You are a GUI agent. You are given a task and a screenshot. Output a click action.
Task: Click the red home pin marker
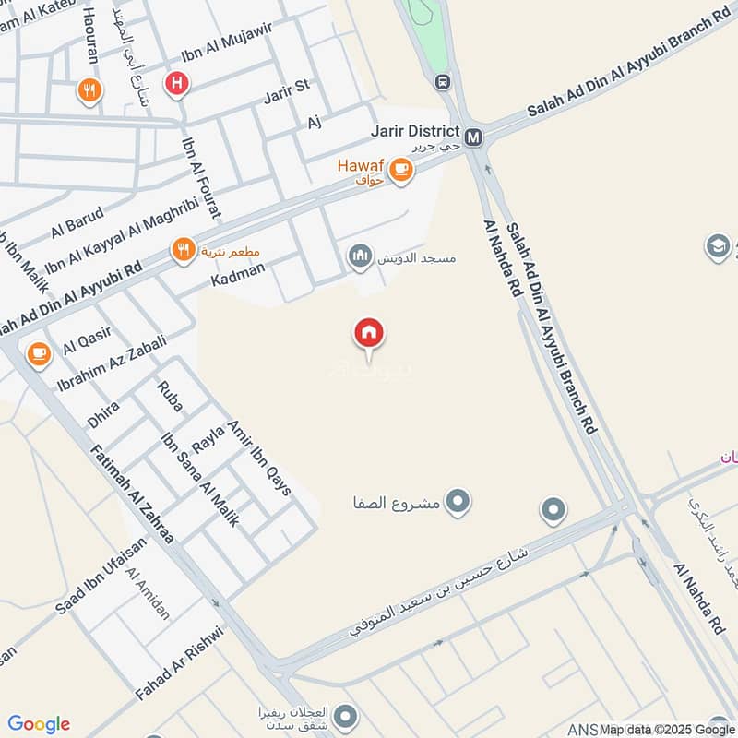pos(369,334)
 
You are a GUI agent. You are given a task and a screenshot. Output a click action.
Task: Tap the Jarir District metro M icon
pos(474,137)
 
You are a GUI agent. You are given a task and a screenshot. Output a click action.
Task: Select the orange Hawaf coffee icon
pos(399,169)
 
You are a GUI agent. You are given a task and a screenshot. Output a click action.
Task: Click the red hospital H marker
pos(175,84)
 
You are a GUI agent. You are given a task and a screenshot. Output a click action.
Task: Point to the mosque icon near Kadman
pos(360,255)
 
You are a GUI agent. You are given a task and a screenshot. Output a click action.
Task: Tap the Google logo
pos(39,724)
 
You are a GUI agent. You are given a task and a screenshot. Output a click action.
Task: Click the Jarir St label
pos(285,92)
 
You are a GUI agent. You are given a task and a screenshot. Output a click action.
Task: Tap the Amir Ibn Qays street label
pos(257,453)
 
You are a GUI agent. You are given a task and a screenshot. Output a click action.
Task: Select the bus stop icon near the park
pos(443,81)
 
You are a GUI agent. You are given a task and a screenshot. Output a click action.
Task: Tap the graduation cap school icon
pos(717,245)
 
